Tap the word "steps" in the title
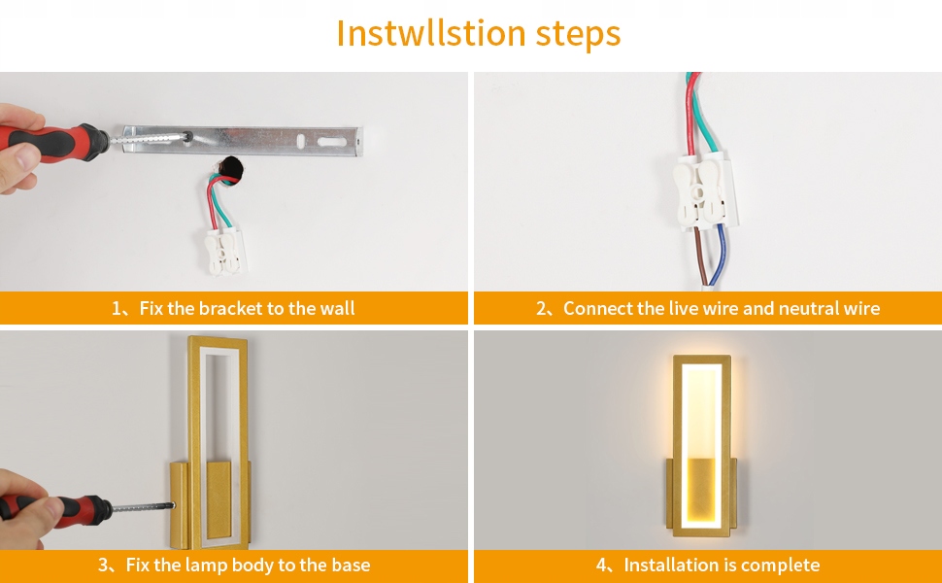pyautogui.click(x=578, y=35)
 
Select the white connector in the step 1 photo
pyautogui.click(x=224, y=253)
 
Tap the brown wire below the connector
pyautogui.click(x=701, y=255)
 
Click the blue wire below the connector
pyautogui.click(x=719, y=255)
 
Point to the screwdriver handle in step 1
pyautogui.click(x=54, y=143)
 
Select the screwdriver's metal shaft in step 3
pyautogui.click(x=143, y=507)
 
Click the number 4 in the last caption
pyautogui.click(x=601, y=566)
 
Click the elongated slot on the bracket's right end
pyautogui.click(x=332, y=143)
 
